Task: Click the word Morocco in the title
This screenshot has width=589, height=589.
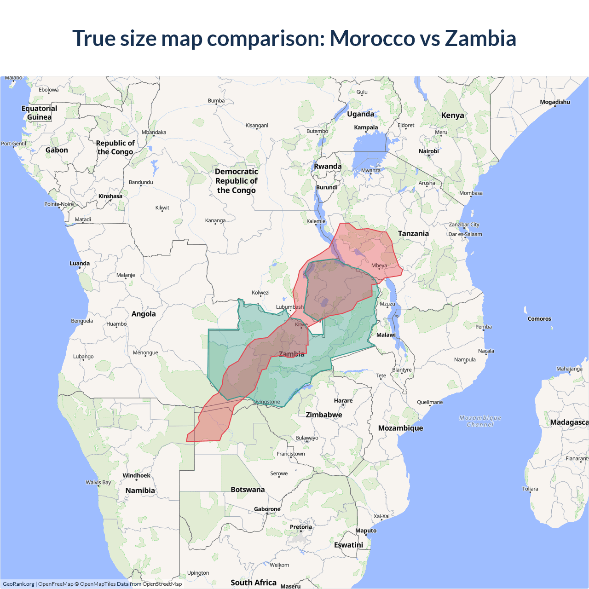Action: [x=372, y=38]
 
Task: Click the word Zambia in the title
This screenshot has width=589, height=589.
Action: [x=480, y=38]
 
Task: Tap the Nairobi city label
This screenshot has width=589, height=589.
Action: [x=428, y=151]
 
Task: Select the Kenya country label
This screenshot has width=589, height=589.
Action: [x=452, y=115]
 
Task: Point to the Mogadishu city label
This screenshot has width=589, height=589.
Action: [x=554, y=102]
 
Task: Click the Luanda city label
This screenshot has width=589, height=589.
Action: [x=80, y=264]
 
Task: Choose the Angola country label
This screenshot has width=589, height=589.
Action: [x=144, y=314]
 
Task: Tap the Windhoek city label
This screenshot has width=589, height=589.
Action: [x=136, y=476]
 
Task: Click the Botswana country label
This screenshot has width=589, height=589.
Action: [x=248, y=490]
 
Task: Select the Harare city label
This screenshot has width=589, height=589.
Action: [x=343, y=401]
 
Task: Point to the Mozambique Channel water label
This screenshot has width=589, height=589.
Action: [x=480, y=421]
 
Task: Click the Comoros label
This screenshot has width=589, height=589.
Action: [x=539, y=319]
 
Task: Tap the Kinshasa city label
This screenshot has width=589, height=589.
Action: [x=110, y=196]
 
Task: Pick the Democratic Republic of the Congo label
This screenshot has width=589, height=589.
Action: [x=236, y=181]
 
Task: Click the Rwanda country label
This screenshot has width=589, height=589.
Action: [x=328, y=167]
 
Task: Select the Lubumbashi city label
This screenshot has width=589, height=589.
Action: [x=289, y=307]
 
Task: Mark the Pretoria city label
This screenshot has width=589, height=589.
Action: [x=301, y=527]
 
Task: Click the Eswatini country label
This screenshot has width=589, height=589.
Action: [x=348, y=545]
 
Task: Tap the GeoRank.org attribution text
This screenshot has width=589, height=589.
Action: [x=18, y=584]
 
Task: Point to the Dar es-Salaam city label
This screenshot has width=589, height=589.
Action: [x=465, y=234]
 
